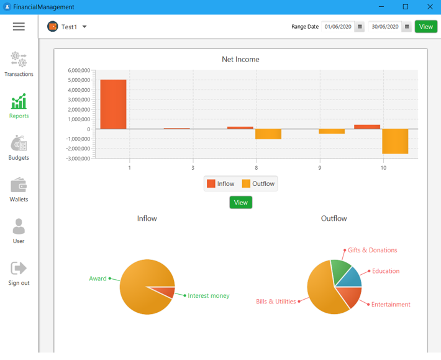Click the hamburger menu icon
coord(19,27)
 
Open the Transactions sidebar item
coord(19,64)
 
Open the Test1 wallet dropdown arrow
coord(84,27)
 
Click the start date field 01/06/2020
coord(337,27)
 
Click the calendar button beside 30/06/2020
coord(407,27)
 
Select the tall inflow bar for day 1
coord(113,104)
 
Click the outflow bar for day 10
coord(395,141)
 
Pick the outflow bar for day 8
coord(268,134)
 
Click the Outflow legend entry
coord(258,183)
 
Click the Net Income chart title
coord(240,60)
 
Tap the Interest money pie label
coord(208,296)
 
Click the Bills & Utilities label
coord(276,302)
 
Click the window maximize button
coord(406,7)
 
